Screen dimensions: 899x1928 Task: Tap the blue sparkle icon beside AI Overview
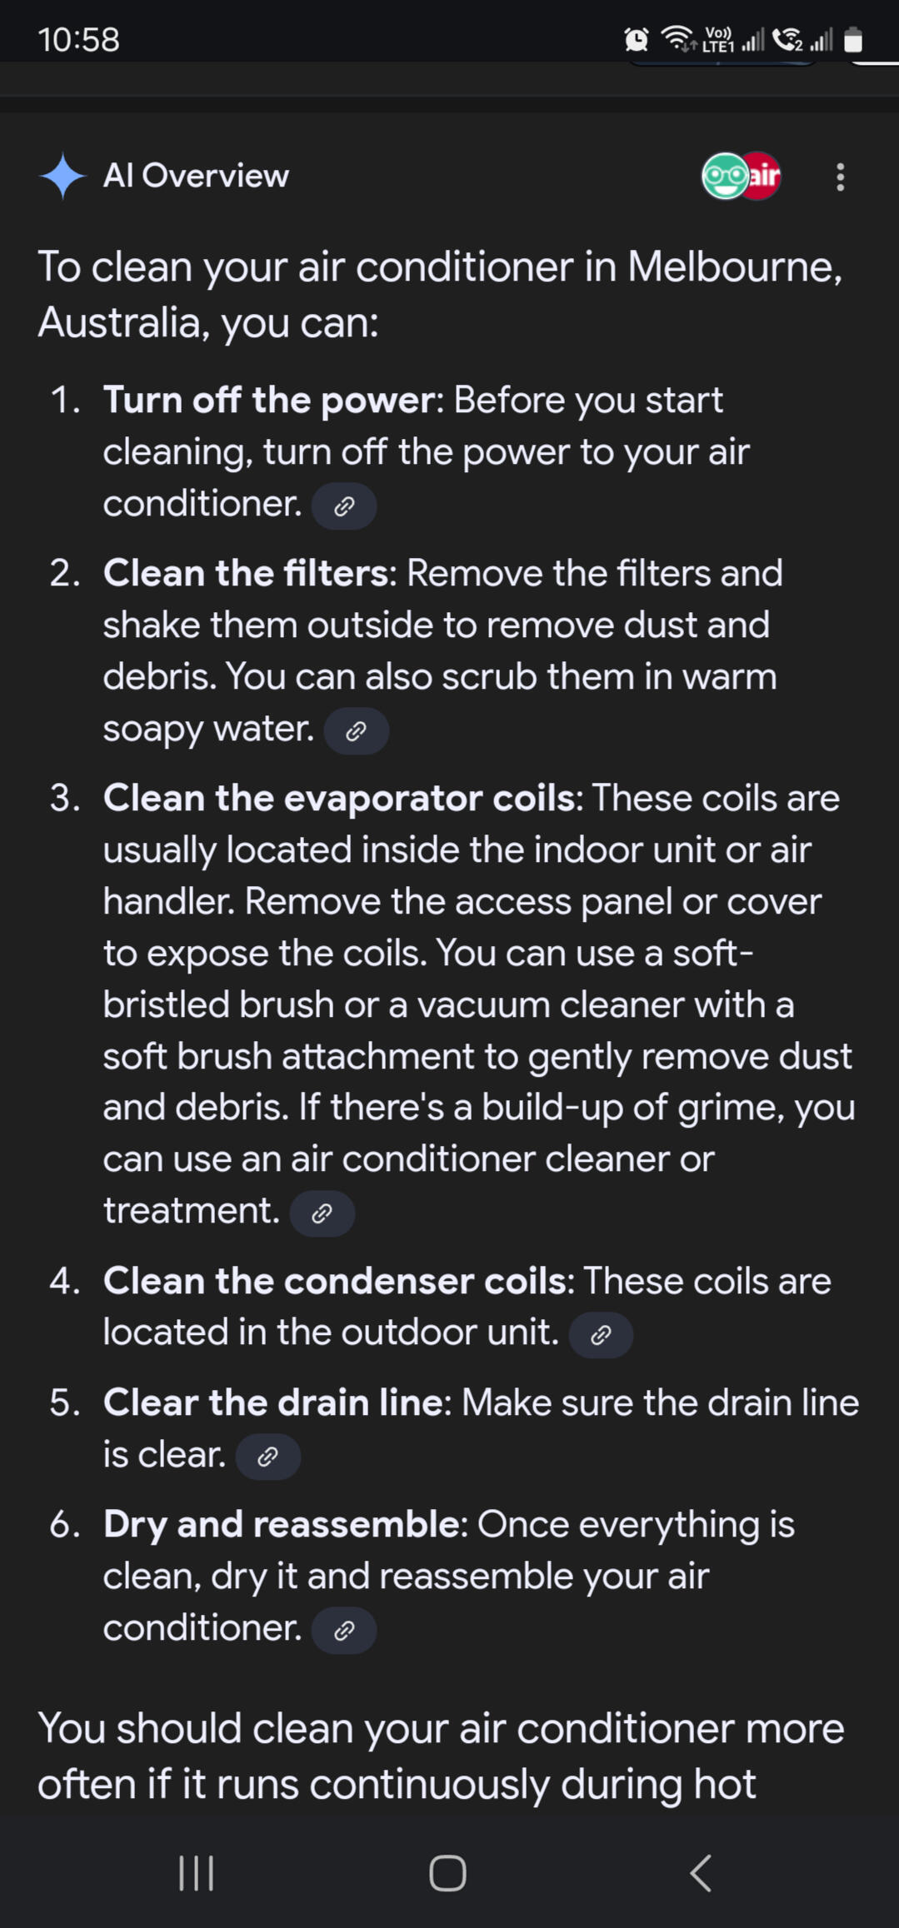[62, 177]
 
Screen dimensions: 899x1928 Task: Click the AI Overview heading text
[196, 176]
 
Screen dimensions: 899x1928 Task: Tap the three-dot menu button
[840, 177]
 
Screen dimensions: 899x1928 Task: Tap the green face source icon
[724, 176]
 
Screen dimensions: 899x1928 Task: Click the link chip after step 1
[344, 506]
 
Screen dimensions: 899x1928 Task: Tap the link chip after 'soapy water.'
[356, 731]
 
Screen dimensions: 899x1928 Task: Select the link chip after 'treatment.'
[322, 1213]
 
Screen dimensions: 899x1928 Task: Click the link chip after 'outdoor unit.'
[601, 1335]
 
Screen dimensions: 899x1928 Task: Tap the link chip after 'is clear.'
[268, 1457]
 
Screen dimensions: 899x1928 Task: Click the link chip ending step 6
[344, 1630]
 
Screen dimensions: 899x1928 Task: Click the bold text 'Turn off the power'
[268, 401]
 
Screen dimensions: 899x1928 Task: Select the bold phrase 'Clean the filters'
[246, 573]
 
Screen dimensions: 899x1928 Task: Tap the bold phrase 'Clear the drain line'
[272, 1402]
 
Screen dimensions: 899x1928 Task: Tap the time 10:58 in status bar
[78, 39]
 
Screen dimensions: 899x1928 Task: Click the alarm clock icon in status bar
[637, 39]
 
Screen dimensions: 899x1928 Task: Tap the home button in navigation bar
[447, 1873]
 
